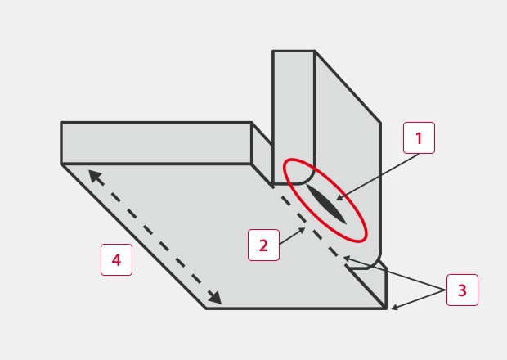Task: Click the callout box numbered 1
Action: [x=419, y=137]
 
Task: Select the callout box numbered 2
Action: [x=263, y=245]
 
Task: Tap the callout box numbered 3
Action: [x=462, y=290]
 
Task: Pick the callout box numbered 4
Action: [x=116, y=259]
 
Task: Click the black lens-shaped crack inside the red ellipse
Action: [x=326, y=204]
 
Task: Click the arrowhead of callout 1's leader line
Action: [x=340, y=198]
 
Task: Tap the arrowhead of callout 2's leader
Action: [x=302, y=230]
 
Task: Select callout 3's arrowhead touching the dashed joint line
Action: [x=347, y=258]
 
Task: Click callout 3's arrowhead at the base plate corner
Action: [x=394, y=308]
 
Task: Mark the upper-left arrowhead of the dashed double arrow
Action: [x=94, y=177]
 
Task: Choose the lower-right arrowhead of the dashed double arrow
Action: [x=215, y=298]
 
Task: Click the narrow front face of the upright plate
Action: [x=294, y=116]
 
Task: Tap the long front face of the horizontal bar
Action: [x=156, y=143]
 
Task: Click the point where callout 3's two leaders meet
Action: [x=446, y=290]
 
